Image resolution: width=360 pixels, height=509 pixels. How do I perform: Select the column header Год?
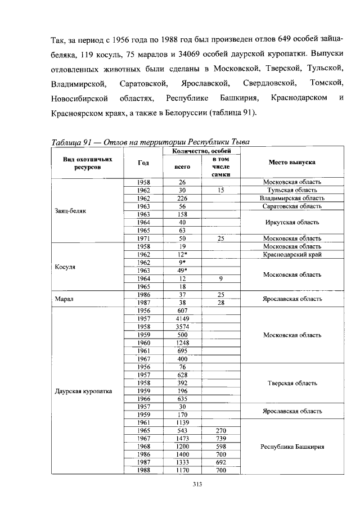coord(143,163)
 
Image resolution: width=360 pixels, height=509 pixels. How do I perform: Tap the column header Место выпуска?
coord(292,162)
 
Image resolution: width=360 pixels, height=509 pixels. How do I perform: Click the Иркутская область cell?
coord(292,222)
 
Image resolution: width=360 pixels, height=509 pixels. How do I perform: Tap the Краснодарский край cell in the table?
coord(292,254)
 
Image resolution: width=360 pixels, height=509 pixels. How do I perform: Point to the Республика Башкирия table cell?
coord(292,447)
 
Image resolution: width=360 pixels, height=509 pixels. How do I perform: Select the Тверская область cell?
coord(292,383)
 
